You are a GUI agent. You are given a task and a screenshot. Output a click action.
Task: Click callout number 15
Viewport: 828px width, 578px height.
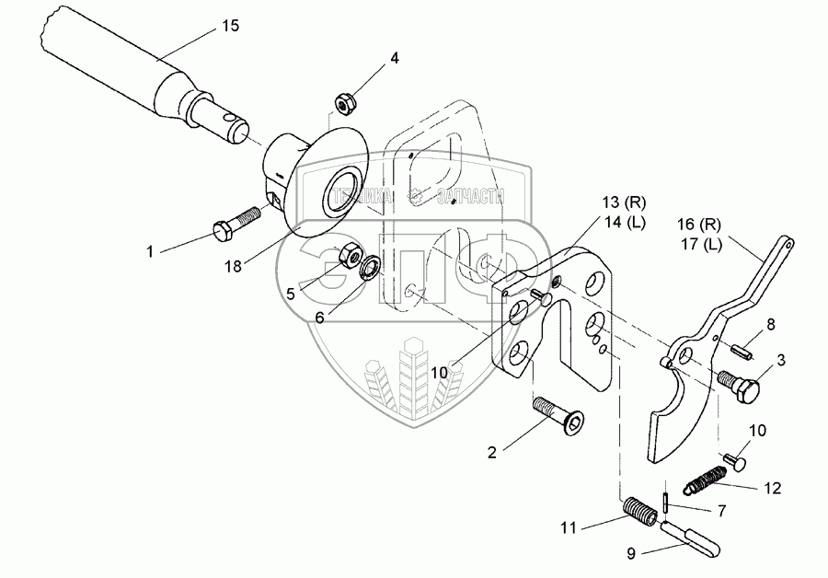229,26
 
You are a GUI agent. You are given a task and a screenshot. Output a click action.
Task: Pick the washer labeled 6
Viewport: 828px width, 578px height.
371,269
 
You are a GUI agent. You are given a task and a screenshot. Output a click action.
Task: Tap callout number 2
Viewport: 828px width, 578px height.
492,452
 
